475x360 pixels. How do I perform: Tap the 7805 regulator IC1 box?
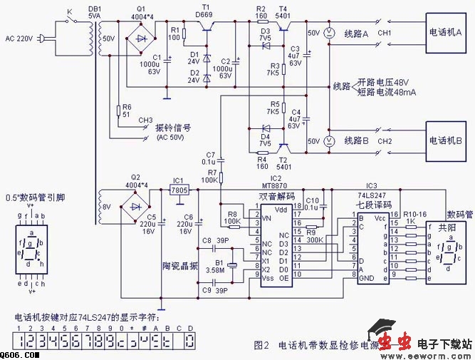coord(179,190)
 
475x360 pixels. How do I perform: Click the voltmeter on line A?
coord(329,32)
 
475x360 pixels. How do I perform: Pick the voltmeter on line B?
coord(329,140)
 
